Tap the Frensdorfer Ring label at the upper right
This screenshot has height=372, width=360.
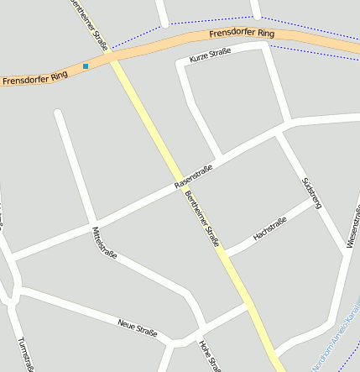[x=242, y=34]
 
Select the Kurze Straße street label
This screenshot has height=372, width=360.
[x=210, y=56]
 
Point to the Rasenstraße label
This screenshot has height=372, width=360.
[x=193, y=175]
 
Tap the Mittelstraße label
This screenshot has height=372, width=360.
[x=105, y=242]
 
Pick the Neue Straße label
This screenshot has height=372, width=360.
[x=138, y=327]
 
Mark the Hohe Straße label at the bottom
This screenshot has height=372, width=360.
[x=209, y=355]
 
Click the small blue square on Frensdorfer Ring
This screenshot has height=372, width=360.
[x=86, y=65]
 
